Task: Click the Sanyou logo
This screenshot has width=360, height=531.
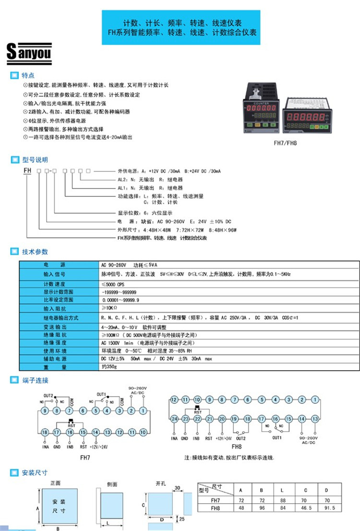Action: pyautogui.click(x=29, y=53)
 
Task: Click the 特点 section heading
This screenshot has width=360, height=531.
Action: pyautogui.click(x=28, y=75)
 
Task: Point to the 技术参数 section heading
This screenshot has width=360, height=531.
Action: pyautogui.click(x=35, y=252)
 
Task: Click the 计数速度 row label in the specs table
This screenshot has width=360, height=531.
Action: pyautogui.click(x=54, y=283)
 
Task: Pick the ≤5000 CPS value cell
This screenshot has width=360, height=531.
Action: pyautogui.click(x=112, y=283)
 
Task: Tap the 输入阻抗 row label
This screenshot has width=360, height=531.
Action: pyautogui.click(x=54, y=308)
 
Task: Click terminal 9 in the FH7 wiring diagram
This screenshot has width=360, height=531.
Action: pyautogui.click(x=45, y=410)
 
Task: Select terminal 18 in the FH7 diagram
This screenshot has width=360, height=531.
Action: pyautogui.click(x=45, y=432)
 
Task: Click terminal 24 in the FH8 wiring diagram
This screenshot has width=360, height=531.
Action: pyautogui.click(x=174, y=419)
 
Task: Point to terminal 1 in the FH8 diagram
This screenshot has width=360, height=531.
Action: pyautogui.click(x=315, y=399)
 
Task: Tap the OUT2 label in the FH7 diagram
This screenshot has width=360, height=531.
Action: pyautogui.click(x=48, y=395)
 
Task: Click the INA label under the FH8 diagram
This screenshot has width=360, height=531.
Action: pyautogui.click(x=174, y=438)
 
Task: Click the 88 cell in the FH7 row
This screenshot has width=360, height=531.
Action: pyautogui.click(x=283, y=499)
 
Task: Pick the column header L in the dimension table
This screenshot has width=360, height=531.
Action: pyautogui.click(x=283, y=490)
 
